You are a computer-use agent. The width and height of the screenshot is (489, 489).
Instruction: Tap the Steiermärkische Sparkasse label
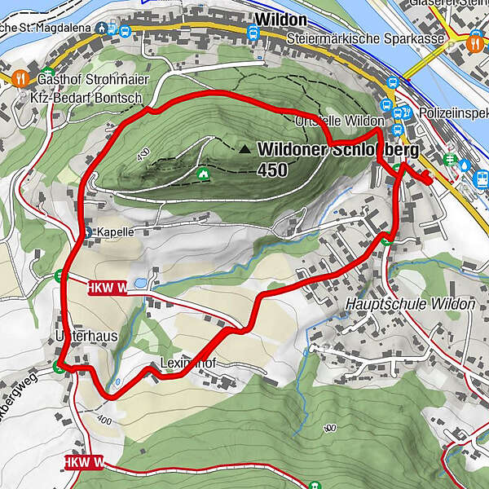366,39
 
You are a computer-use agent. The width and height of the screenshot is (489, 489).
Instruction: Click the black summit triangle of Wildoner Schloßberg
245,149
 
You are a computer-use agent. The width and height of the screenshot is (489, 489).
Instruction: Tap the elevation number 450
271,170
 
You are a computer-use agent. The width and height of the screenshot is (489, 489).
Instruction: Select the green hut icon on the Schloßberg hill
202,172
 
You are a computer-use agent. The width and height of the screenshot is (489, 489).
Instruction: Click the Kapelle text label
115,231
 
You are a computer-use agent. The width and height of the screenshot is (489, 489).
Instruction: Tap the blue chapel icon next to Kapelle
89,231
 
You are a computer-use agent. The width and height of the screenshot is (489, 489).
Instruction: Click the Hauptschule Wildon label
410,304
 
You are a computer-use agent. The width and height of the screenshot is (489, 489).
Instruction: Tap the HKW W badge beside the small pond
106,288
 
